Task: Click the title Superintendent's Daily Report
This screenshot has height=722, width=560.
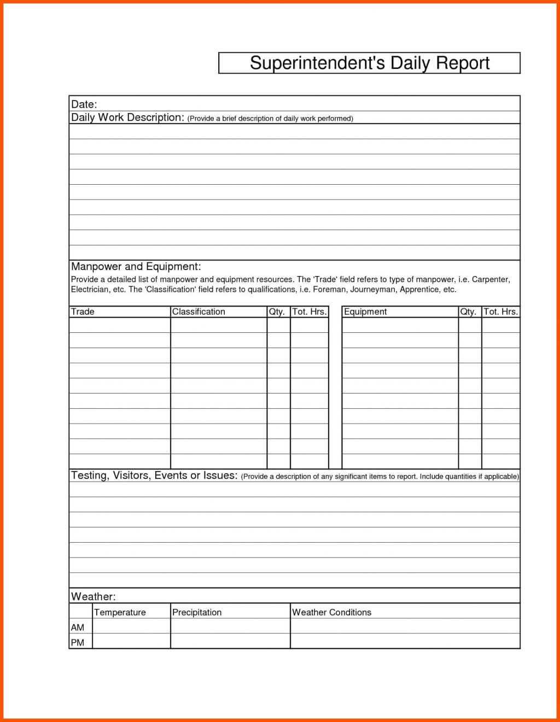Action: click(x=370, y=63)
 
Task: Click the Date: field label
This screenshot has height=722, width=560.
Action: click(x=84, y=104)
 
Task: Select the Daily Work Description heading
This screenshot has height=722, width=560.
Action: click(x=127, y=118)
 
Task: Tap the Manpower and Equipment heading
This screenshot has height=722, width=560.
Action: click(x=136, y=267)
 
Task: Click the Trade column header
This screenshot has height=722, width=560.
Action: click(x=83, y=312)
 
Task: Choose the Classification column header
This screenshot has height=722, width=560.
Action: click(x=199, y=312)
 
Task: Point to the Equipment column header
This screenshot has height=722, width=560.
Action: click(x=365, y=312)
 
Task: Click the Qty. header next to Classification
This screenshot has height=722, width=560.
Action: click(x=277, y=312)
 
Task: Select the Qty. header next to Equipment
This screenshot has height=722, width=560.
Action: click(x=468, y=312)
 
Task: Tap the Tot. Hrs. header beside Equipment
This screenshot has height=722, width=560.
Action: click(x=500, y=312)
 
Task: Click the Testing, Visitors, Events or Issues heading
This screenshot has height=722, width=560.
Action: click(x=154, y=476)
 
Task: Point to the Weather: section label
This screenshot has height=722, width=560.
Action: click(x=93, y=596)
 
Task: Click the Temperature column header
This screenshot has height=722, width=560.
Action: click(x=120, y=612)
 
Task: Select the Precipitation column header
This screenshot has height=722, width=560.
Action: click(x=197, y=612)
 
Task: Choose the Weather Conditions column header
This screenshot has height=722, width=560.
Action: click(x=331, y=612)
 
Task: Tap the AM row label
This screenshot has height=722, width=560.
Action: click(x=78, y=627)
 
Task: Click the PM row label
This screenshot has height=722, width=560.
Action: click(x=78, y=643)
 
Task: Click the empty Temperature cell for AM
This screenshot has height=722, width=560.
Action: click(x=131, y=626)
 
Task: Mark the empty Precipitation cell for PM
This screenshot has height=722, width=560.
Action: click(x=230, y=642)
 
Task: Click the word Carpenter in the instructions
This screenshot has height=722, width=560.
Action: click(x=491, y=279)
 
